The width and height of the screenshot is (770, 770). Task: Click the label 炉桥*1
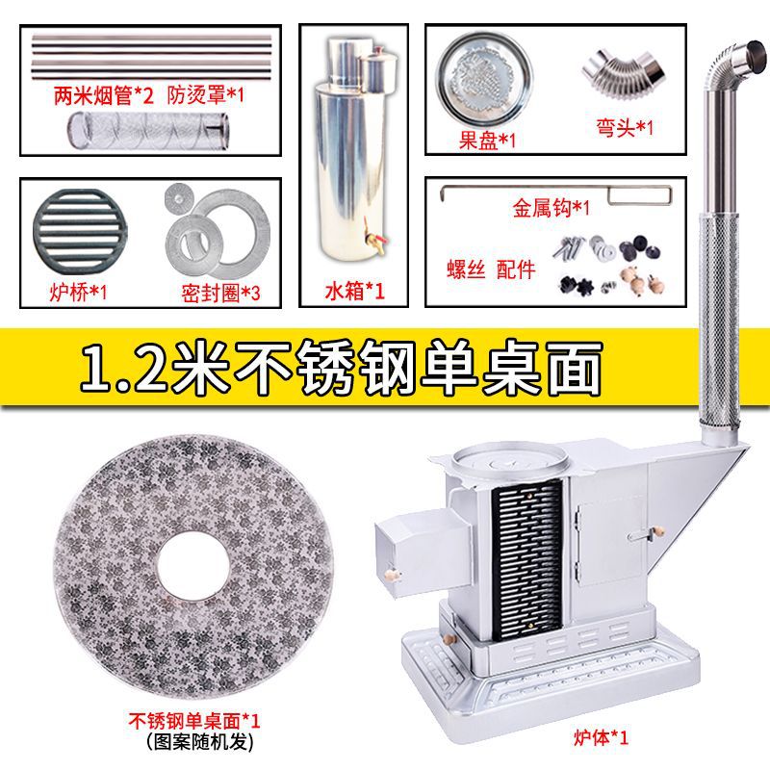pyautogui.click(x=79, y=292)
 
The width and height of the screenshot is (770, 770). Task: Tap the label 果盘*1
pyautogui.click(x=487, y=141)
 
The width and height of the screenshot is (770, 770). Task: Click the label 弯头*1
pyautogui.click(x=625, y=126)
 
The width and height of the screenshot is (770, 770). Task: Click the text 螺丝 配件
pyautogui.click(x=488, y=269)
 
